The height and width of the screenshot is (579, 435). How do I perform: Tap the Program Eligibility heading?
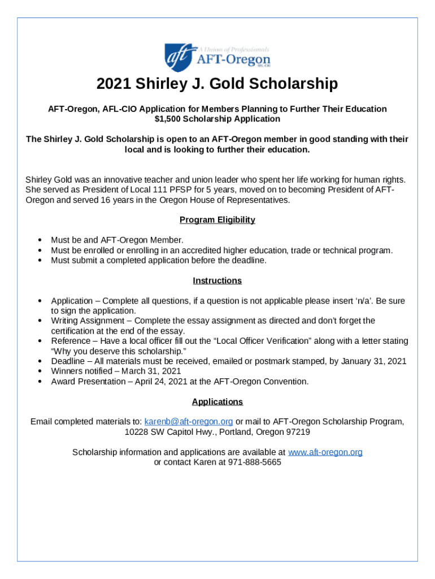point(217,219)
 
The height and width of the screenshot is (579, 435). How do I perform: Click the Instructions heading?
point(217,280)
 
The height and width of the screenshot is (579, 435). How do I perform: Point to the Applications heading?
point(217,401)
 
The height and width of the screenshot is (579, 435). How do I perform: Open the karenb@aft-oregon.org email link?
point(189,422)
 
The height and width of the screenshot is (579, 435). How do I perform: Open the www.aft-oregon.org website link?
point(325,452)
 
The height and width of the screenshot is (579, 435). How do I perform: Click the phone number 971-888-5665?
point(254,462)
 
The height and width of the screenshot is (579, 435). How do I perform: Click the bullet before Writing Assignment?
point(40,321)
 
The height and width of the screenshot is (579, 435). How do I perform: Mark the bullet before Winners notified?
point(40,371)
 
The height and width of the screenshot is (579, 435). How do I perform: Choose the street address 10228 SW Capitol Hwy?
point(172,432)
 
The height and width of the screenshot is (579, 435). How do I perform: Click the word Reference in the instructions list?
point(69,341)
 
